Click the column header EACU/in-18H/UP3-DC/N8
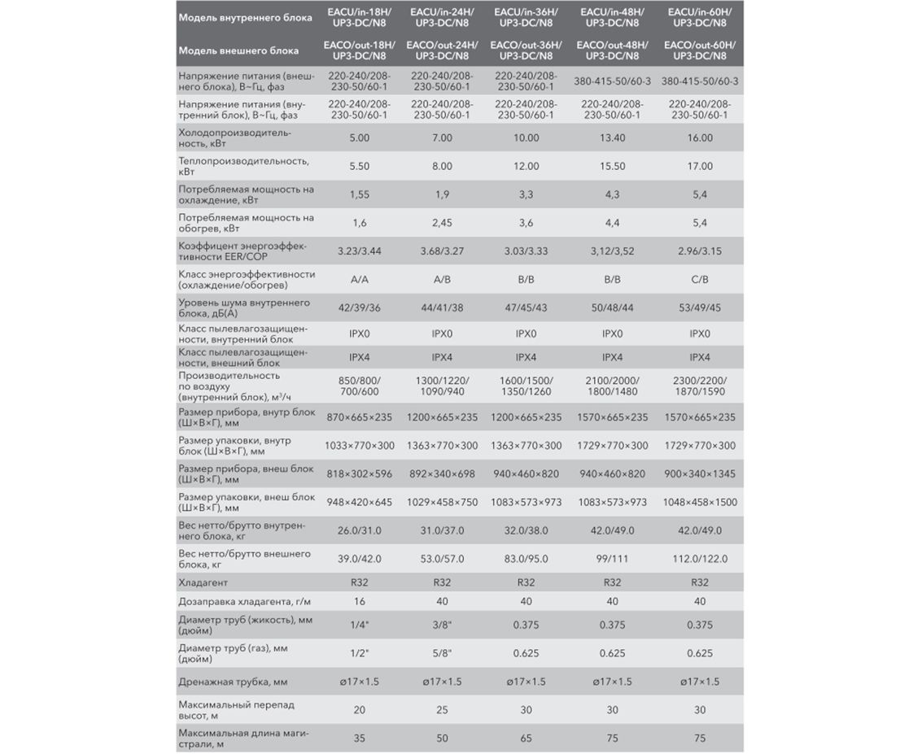coord(359,17)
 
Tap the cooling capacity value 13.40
coord(612,138)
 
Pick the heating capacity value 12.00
coord(526,167)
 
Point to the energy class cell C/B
coord(700,280)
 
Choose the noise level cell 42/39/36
coord(359,308)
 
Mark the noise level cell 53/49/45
coord(700,308)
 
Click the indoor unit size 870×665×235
coord(359,417)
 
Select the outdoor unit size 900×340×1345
coord(700,474)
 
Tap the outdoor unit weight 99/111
coord(612,559)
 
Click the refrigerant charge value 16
coord(359,602)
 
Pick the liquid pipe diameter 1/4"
coord(359,625)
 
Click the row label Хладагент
coord(203,583)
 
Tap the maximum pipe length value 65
coord(526,739)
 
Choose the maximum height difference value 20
coord(359,710)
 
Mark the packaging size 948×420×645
coord(359,503)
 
